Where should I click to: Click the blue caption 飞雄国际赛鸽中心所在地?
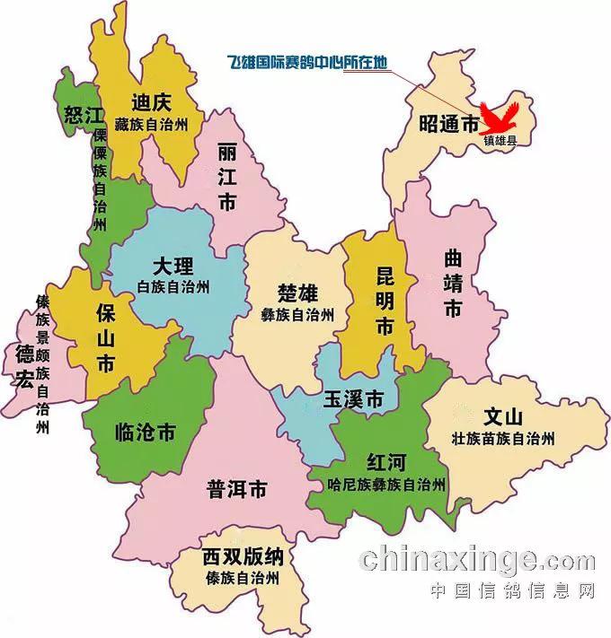pos(307,64)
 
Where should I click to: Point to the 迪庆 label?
pos(150,101)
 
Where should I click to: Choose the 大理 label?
pos(173,267)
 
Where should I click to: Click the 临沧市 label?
pos(146,433)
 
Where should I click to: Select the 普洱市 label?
pos(236,490)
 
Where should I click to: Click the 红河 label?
pos(386,463)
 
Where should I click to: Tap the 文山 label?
pos(502,418)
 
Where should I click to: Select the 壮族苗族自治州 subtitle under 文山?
pos(503,439)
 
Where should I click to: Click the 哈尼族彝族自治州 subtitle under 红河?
pos(386,485)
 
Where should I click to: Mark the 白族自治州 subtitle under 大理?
pos(173,287)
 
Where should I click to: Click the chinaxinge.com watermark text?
pos(476,560)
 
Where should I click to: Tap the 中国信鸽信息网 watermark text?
pos(513,592)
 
